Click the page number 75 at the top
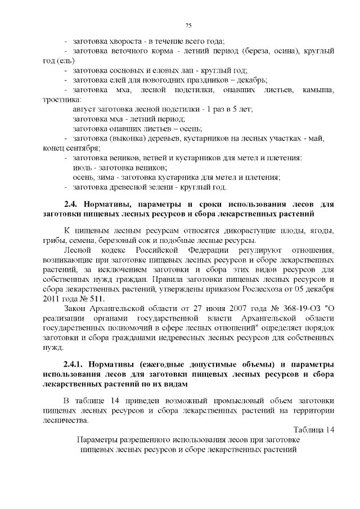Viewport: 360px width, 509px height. pos(188,25)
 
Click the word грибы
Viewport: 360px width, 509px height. pos(53,241)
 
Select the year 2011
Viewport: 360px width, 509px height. pos(53,299)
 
